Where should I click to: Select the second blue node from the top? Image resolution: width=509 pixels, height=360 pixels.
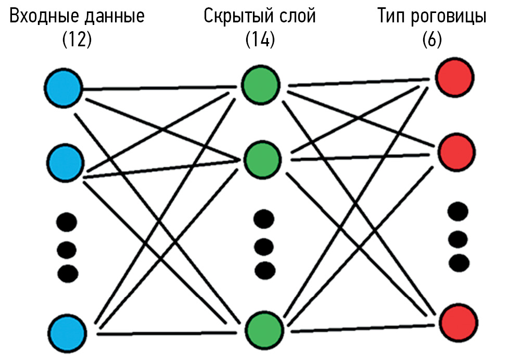click(x=65, y=162)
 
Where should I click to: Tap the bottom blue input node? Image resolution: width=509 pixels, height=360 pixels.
click(x=68, y=331)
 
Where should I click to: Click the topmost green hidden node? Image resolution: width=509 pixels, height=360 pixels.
click(x=261, y=85)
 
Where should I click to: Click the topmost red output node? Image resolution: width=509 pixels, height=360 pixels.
click(x=455, y=78)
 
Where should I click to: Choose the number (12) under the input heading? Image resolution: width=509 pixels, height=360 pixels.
click(x=77, y=41)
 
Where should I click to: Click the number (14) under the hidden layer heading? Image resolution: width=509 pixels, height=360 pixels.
click(x=260, y=41)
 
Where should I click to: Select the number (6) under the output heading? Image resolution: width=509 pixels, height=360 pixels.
click(x=432, y=41)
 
